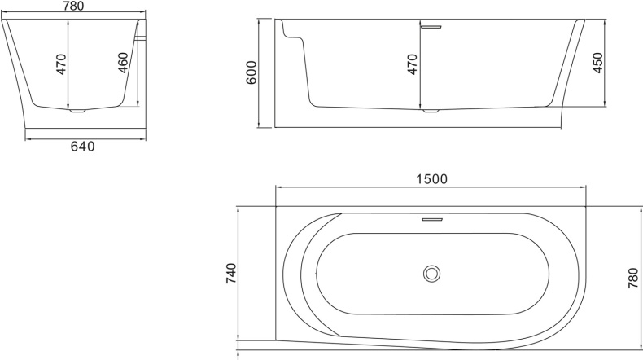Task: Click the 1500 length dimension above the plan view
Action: pyautogui.click(x=431, y=178)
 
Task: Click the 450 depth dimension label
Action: pyautogui.click(x=597, y=63)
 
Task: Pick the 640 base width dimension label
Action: pyautogui.click(x=83, y=147)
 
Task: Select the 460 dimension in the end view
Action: pyautogui.click(x=123, y=63)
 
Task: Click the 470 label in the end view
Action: pyautogui.click(x=61, y=64)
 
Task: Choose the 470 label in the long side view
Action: pyautogui.click(x=413, y=64)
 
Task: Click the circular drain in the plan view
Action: pyautogui.click(x=431, y=274)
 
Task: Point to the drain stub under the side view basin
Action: pyautogui.click(x=431, y=111)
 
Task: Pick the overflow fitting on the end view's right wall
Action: pyautogui.click(x=142, y=37)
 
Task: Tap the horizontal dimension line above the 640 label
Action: pyautogui.click(x=49, y=138)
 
